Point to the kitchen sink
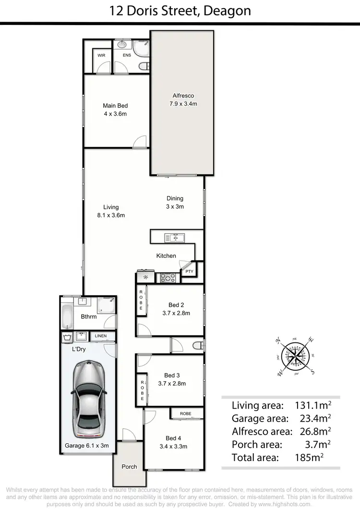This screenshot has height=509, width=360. (x=174, y=237)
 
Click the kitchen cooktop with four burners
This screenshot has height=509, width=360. (x=168, y=277)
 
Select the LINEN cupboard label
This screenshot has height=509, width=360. (x=101, y=336)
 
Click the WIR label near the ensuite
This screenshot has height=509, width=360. (x=101, y=56)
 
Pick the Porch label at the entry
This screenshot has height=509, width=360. (x=129, y=466)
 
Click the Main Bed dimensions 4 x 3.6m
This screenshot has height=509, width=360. (x=115, y=114)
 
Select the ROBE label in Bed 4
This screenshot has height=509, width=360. (x=185, y=413)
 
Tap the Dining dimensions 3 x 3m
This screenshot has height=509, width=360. (x=175, y=206)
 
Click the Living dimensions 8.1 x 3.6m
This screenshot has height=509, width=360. (x=111, y=215)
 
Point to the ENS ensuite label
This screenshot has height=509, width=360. (x=126, y=56)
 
